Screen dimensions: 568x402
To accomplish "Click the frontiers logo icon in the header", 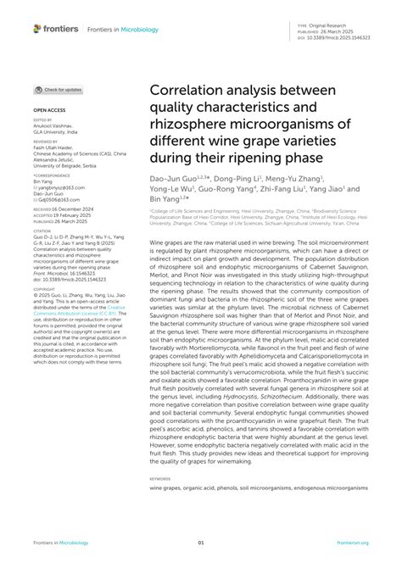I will click(x=38, y=28).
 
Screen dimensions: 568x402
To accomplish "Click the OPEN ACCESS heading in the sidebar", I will click(x=49, y=110).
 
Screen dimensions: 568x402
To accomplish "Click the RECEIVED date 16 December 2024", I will click(x=75, y=209).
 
